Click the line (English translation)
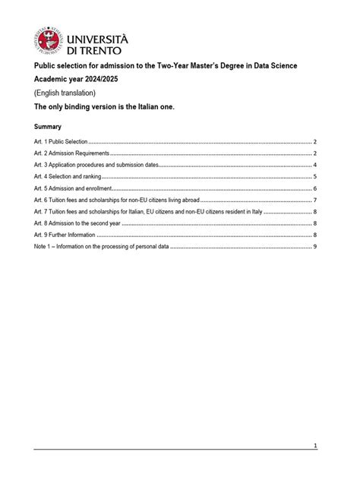tap(65, 93)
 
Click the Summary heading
tap(47, 126)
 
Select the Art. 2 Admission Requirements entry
tap(71, 153)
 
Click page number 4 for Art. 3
tap(314, 165)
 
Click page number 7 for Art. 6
tap(314, 200)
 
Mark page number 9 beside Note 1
tap(314, 247)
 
